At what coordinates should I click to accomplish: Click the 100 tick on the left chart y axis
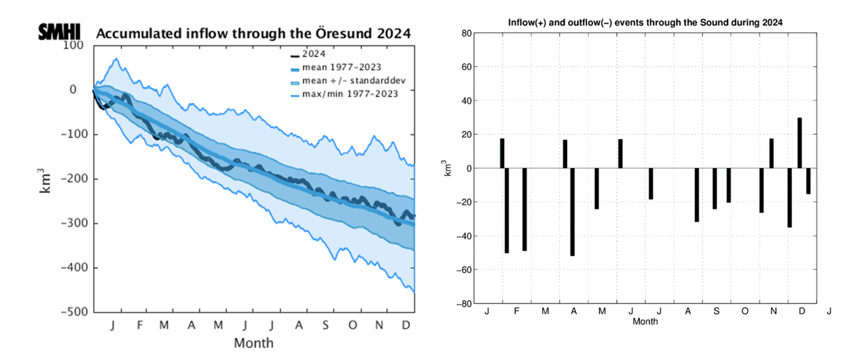[73, 45]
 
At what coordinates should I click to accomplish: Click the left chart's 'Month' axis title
[253, 343]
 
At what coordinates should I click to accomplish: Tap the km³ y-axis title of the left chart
[47, 180]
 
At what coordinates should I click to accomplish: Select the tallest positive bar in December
[800, 143]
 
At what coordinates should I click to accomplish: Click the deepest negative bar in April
[573, 212]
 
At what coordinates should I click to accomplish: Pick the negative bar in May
[597, 188]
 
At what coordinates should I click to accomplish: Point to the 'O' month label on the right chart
[744, 311]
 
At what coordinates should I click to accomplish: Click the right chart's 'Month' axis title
[645, 322]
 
